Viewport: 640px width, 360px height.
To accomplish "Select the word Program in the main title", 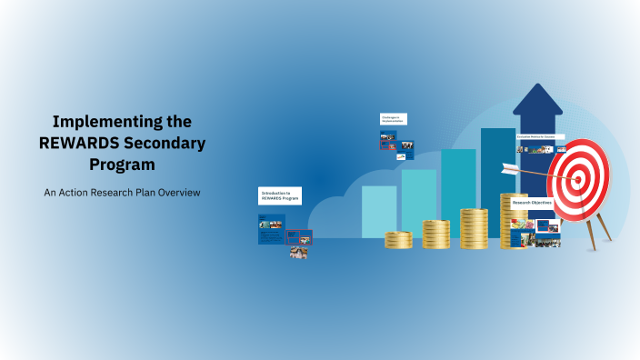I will click(x=122, y=165).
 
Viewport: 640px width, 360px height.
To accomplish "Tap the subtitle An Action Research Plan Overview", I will click(x=122, y=193).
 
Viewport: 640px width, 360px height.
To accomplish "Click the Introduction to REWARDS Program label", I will click(x=280, y=195).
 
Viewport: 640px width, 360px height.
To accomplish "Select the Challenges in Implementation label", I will click(x=393, y=119).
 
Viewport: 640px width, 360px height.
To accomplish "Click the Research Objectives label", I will click(x=532, y=202).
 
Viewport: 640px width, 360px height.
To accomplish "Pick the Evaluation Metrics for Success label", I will click(x=540, y=136).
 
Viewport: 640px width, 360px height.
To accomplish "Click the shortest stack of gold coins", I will click(x=398, y=240).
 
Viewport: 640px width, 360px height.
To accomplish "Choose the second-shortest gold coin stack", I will click(x=435, y=234).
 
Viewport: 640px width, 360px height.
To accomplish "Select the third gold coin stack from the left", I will click(x=474, y=228).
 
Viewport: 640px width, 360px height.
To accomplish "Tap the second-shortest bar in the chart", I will click(x=418, y=203).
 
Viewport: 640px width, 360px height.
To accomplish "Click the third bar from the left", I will click(x=458, y=193).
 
